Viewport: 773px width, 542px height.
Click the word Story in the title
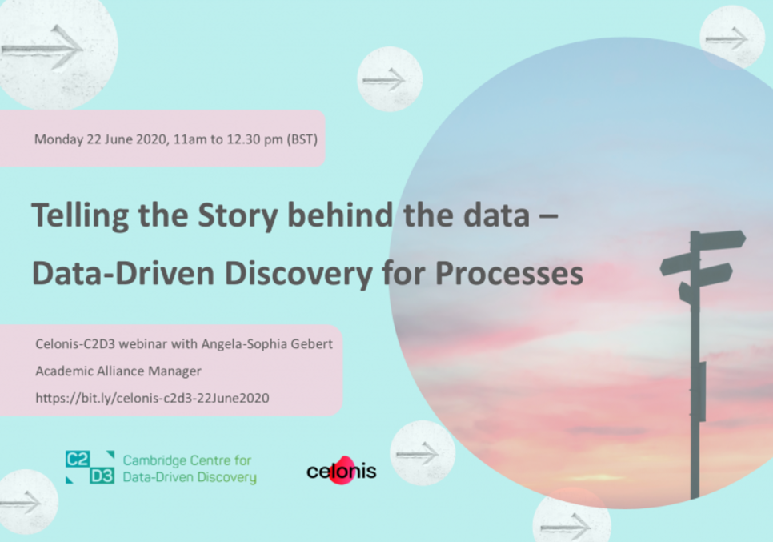238,216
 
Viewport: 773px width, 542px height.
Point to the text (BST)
302,139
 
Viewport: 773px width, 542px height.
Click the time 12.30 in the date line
243,139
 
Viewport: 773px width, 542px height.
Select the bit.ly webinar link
152,398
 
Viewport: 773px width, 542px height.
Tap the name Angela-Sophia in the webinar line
244,344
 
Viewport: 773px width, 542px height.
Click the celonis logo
341,471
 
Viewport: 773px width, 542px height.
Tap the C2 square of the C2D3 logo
78,460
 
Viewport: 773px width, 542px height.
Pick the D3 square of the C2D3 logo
102,476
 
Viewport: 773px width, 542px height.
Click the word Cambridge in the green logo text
152,460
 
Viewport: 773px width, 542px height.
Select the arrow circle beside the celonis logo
423,453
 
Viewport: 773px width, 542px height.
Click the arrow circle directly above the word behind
390,79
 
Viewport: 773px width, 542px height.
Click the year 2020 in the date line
151,139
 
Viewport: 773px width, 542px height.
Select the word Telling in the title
80,216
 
